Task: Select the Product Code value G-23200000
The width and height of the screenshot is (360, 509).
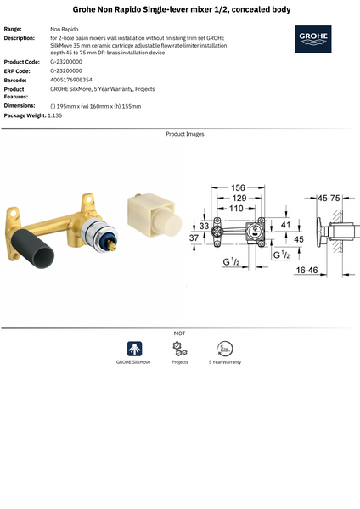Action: (x=66, y=62)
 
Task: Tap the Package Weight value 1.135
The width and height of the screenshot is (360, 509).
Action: (x=56, y=115)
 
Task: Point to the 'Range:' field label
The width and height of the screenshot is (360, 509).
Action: (x=13, y=29)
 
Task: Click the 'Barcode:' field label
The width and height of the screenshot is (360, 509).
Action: (x=15, y=80)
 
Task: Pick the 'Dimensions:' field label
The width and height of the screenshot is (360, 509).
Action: (x=20, y=105)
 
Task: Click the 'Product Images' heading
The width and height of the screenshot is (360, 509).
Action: (x=184, y=134)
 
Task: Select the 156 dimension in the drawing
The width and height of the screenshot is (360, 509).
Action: (x=239, y=187)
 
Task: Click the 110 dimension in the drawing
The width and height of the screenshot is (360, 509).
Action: (x=235, y=207)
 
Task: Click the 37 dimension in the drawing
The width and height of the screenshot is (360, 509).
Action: (x=194, y=238)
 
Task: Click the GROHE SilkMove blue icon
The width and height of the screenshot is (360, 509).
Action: (x=134, y=349)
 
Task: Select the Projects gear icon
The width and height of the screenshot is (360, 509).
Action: (x=180, y=349)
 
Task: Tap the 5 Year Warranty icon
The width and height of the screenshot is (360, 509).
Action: (x=225, y=349)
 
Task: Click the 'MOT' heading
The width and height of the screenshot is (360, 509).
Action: (x=179, y=333)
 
